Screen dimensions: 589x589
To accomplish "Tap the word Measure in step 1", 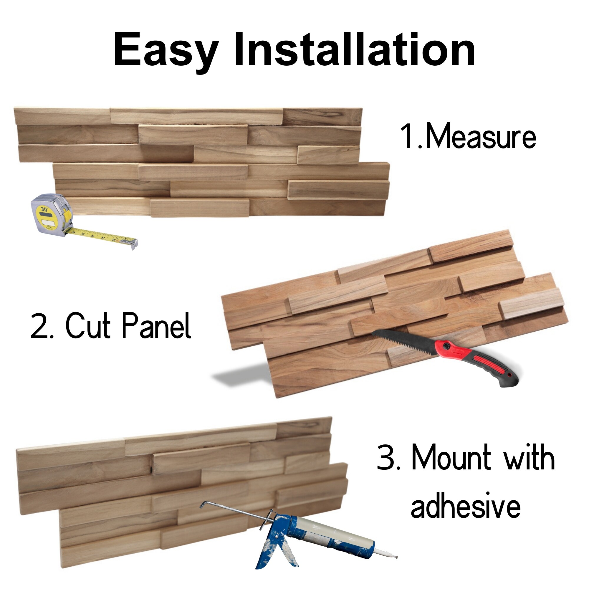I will tap(481, 137).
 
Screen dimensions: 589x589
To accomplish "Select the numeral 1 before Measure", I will tap(408, 137).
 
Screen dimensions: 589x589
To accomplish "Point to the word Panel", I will tap(156, 326).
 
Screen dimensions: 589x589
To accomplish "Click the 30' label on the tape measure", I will tap(44, 209).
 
